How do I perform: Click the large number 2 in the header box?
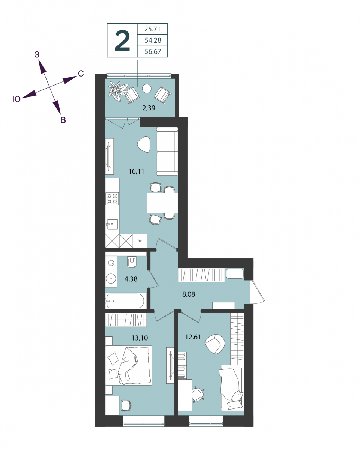coord(122,40)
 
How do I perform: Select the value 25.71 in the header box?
coord(152,29)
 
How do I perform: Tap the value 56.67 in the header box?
coord(153,51)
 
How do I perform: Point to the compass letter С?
coord(81,73)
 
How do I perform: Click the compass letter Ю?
coord(16,99)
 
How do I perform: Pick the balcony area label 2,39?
coord(148,108)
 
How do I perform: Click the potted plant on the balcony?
coord(117,91)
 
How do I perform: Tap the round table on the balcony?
coord(146,88)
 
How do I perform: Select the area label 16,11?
coord(136,171)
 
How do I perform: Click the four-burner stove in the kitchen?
coord(112,199)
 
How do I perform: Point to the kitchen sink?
coord(112,224)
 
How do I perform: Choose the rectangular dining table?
coord(162,203)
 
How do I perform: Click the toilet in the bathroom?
coord(132,262)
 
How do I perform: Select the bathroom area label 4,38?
coord(131,279)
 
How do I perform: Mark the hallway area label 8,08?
coord(189,294)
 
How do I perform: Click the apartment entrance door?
coord(257,291)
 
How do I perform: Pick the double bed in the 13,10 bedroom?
coord(128,365)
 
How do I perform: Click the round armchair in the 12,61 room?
coord(215,344)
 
